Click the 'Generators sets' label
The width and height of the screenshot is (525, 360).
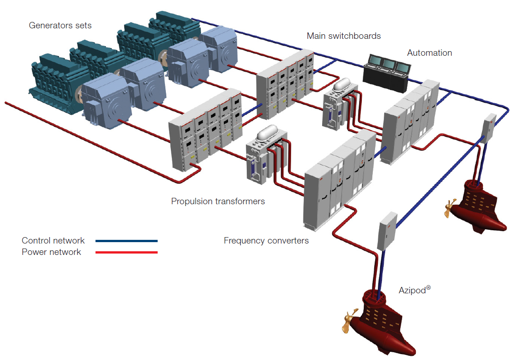[60, 26]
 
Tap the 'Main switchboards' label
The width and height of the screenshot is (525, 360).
[344, 36]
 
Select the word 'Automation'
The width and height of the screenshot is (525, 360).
[429, 53]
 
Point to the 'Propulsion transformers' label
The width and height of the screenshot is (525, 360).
[218, 201]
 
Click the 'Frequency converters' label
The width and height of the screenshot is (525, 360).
[266, 241]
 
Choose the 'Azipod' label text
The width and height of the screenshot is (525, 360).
[414, 291]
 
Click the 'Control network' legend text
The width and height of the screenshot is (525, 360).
[53, 241]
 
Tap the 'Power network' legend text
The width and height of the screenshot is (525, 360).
[51, 252]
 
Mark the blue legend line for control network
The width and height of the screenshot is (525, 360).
[126, 241]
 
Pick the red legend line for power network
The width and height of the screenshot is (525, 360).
[126, 252]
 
